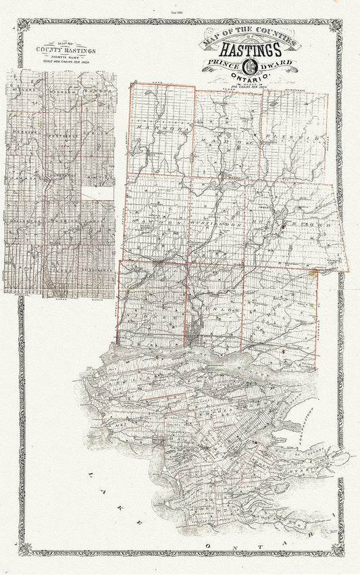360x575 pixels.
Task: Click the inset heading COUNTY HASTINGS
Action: (x=66, y=51)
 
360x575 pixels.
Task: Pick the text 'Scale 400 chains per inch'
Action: (x=66, y=62)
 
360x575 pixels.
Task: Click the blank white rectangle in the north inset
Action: (x=102, y=193)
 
